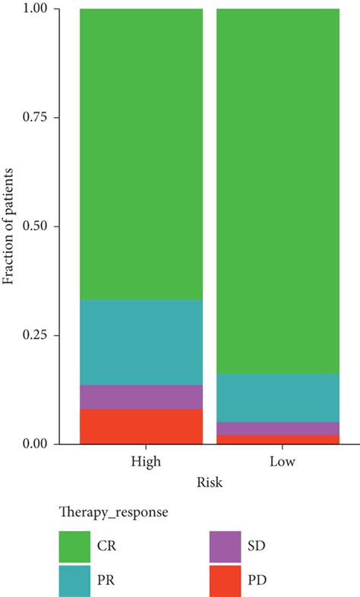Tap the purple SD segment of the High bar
[141, 396]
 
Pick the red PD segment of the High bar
[141, 425]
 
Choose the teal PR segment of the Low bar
[278, 397]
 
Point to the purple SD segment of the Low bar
[278, 428]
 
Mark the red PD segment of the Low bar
[278, 439]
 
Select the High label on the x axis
[141, 462]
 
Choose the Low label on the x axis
[278, 462]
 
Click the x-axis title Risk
[209, 482]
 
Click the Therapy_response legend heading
[113, 513]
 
